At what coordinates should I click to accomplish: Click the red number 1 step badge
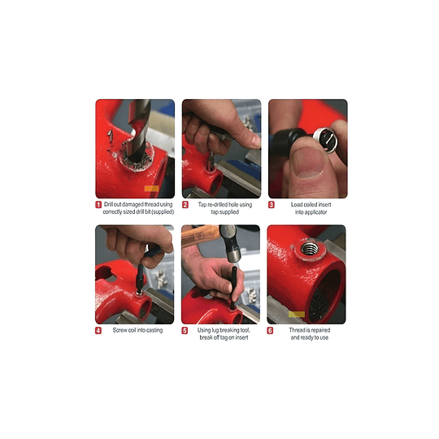coord(98,205)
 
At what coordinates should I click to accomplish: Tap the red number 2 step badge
coord(185,205)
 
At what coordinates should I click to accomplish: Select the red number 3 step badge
coord(272,205)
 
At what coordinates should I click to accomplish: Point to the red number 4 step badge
coord(98,331)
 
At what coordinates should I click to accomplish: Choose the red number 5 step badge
coord(185,331)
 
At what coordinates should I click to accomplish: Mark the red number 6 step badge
coord(272,331)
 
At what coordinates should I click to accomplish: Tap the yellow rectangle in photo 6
coord(295,313)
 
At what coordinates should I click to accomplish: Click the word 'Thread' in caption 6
coord(298,330)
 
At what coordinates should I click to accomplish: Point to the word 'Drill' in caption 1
coord(112,205)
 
